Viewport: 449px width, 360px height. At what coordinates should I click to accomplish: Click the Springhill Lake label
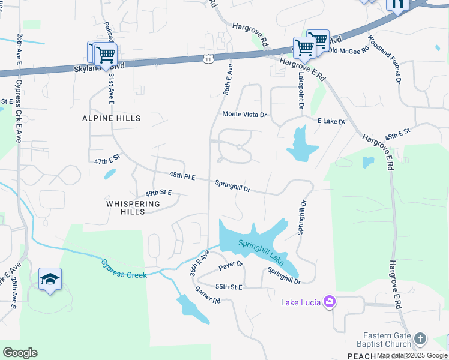[261, 251]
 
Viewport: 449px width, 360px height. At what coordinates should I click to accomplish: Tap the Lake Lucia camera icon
[329, 301]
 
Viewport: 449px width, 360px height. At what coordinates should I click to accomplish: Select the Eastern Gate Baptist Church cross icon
[420, 339]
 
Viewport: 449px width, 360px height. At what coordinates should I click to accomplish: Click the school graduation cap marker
[50, 279]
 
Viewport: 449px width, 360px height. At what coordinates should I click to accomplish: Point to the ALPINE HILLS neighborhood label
[111, 118]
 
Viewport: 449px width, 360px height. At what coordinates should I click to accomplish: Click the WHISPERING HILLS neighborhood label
[133, 208]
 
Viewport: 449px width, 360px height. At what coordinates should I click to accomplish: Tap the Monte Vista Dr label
[244, 114]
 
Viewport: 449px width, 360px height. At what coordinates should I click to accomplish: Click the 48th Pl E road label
[182, 176]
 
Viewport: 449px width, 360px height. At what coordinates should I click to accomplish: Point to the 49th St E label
[158, 193]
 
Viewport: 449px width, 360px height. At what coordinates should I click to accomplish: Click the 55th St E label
[228, 287]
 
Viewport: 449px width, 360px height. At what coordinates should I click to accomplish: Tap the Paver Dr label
[231, 264]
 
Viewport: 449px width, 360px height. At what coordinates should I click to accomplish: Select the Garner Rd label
[208, 295]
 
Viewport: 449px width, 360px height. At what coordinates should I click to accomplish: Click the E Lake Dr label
[331, 122]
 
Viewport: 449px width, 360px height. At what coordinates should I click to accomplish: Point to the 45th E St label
[397, 133]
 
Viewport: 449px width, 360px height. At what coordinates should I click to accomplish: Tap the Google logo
[20, 353]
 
